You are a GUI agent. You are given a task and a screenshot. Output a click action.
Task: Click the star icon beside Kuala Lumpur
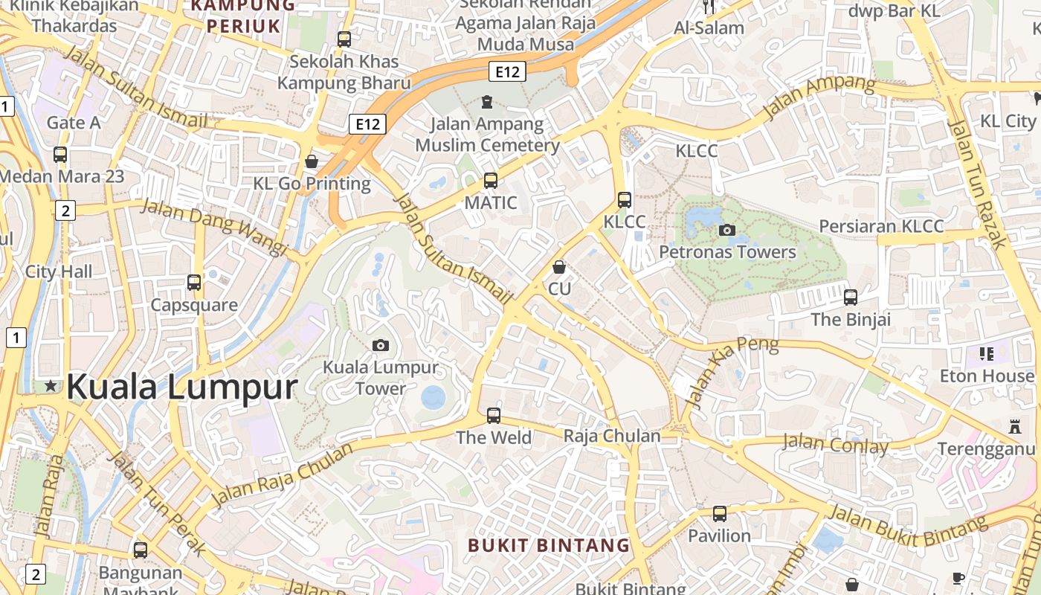coord(51,386)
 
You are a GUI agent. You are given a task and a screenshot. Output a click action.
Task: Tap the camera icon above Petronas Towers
coord(727,230)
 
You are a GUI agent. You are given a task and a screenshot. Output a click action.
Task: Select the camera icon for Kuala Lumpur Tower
coord(380,345)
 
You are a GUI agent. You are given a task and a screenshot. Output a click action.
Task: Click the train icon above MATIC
coord(490,180)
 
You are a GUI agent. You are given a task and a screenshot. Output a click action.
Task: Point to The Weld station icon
coord(494,416)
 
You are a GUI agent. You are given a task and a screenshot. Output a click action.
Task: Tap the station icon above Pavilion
coord(719,513)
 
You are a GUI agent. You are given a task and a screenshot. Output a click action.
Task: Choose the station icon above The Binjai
coord(851,297)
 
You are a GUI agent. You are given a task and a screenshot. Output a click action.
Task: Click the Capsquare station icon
coord(194,283)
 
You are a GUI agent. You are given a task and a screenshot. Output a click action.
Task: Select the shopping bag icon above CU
coord(559,266)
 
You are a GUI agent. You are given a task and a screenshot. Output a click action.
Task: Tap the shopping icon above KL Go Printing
coord(312,161)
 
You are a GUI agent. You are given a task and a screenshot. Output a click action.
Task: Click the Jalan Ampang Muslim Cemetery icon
coord(487,101)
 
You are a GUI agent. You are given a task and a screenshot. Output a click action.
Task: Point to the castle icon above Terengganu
coord(1015,427)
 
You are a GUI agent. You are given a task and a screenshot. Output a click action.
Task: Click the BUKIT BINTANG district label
coord(549,545)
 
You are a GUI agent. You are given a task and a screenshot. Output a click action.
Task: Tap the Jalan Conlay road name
coord(835,446)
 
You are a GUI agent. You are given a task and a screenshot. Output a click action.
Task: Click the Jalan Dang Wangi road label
coord(214,226)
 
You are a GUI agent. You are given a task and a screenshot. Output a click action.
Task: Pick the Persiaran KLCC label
coord(881,226)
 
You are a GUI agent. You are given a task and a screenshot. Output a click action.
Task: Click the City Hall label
coord(59,271)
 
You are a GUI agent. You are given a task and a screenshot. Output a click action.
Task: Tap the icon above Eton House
coord(987,354)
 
